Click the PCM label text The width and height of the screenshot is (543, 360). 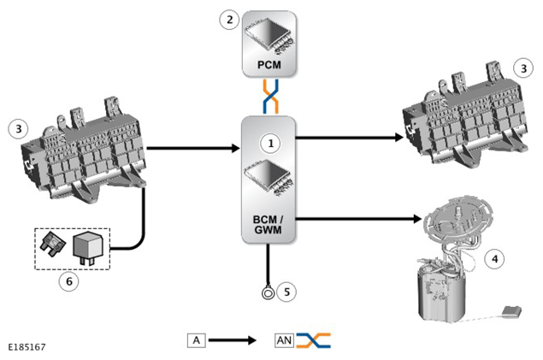(x=269, y=65)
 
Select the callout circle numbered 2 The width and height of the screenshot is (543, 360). (x=229, y=20)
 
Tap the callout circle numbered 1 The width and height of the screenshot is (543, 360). (x=271, y=143)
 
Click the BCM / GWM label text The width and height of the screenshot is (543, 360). (x=268, y=224)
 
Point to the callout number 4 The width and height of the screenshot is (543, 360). (x=494, y=258)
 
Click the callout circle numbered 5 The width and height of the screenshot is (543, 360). (x=286, y=292)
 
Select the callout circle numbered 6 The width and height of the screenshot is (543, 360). (x=69, y=281)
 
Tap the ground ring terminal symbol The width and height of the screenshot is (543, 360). (x=268, y=293)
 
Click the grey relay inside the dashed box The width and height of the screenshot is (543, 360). (x=87, y=248)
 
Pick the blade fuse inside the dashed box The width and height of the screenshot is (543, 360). (x=53, y=245)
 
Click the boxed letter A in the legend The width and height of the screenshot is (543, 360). (x=197, y=340)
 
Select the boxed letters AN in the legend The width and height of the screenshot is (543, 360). (x=284, y=340)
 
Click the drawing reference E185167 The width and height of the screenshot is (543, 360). (x=27, y=347)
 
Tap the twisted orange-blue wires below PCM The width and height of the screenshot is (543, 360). (x=270, y=97)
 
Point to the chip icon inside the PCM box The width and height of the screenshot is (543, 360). (x=269, y=36)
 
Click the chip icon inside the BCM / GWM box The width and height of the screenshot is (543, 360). (x=268, y=178)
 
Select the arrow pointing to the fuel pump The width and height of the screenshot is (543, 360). (x=358, y=219)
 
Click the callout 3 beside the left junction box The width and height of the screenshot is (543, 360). (x=19, y=129)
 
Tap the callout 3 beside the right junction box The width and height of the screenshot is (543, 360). (x=523, y=68)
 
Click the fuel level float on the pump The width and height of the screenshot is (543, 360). (x=512, y=311)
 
